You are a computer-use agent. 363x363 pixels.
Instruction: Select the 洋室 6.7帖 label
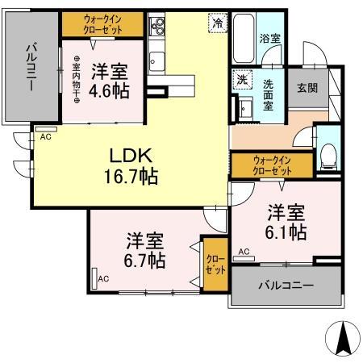[145, 250]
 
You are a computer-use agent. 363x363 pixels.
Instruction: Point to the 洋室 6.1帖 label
[286, 223]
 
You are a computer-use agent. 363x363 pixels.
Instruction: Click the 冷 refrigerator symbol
[217, 24]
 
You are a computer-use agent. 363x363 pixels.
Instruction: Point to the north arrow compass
[341, 336]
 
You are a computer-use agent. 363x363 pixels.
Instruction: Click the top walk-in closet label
[103, 25]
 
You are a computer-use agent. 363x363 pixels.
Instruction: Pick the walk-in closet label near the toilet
[270, 165]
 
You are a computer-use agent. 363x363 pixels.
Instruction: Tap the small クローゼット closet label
[215, 265]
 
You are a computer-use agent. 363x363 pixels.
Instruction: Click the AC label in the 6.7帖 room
[102, 279]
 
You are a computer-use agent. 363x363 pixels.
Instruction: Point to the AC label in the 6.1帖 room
[242, 252]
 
